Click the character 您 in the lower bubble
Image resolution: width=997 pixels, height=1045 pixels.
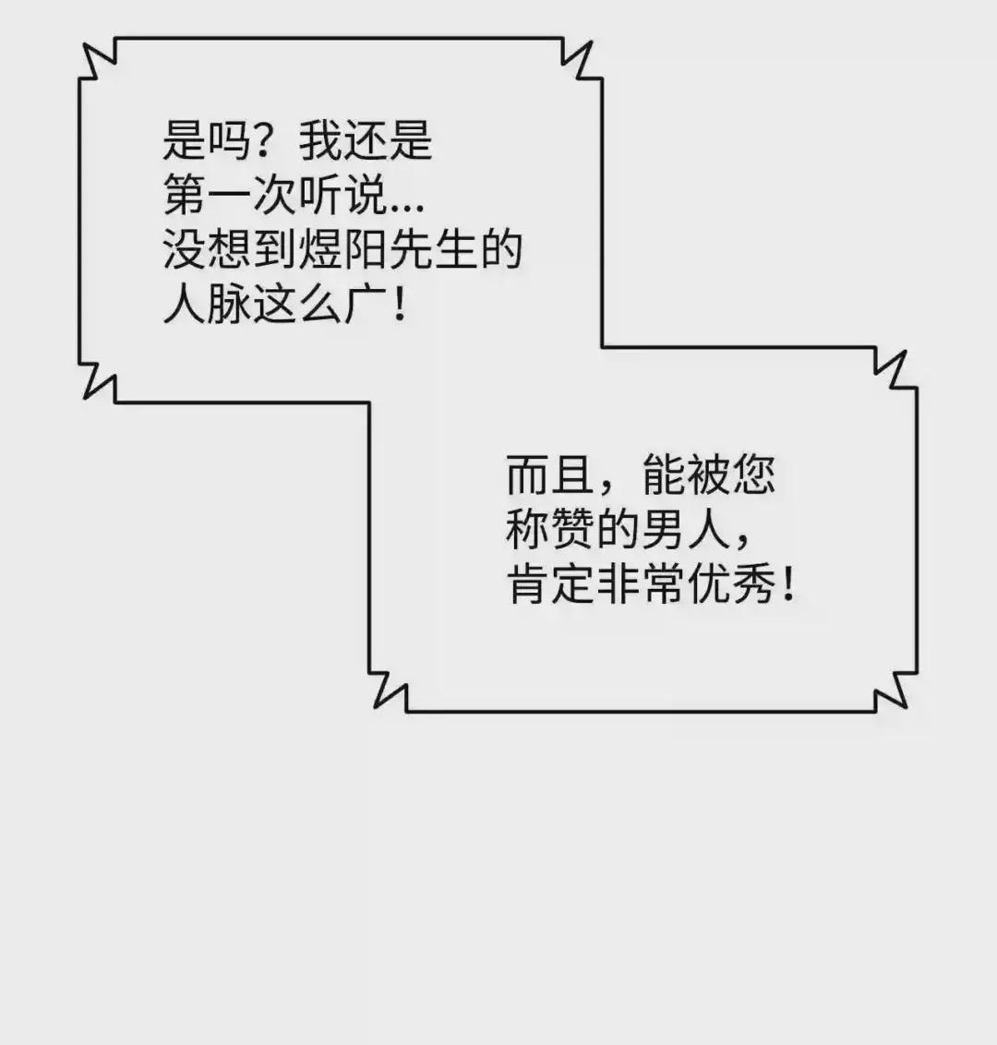pyautogui.click(x=753, y=475)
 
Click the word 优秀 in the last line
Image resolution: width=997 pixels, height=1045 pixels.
pyautogui.click(x=731, y=585)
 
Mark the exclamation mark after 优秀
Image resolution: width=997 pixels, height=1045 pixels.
pyautogui.click(x=788, y=584)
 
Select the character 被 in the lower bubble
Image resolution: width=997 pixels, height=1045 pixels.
pyautogui.click(x=708, y=475)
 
